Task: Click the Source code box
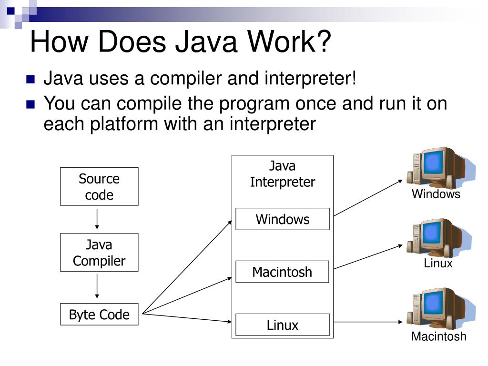[x=99, y=186]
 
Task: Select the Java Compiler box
[x=99, y=253]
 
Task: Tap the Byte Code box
[x=99, y=315]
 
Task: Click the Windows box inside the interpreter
[x=282, y=219]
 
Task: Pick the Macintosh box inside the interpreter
[x=282, y=272]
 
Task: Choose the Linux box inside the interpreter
[x=282, y=325]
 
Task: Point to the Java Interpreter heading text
[x=282, y=174]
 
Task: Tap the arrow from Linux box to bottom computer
[x=367, y=323]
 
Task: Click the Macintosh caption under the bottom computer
[x=438, y=336]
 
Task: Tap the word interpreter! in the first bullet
[x=310, y=79]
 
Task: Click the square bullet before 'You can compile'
[x=31, y=103]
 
